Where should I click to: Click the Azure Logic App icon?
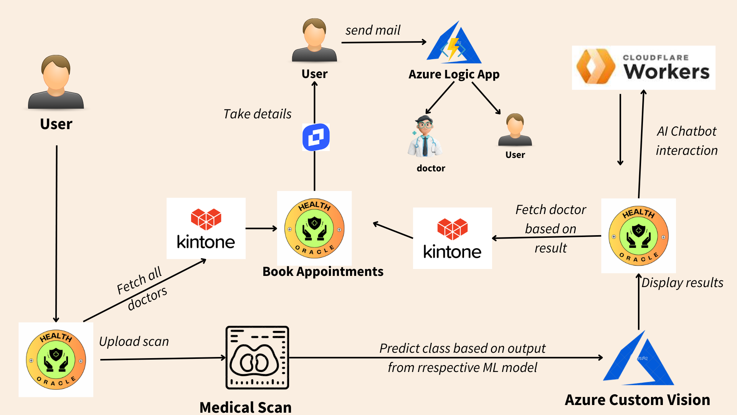(x=454, y=43)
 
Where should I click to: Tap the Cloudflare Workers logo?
(x=643, y=68)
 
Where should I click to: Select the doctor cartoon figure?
(x=425, y=136)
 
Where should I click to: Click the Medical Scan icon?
(x=257, y=357)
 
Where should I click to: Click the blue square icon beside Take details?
(x=316, y=137)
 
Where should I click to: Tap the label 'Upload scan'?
(x=134, y=341)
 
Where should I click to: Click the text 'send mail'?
(x=372, y=30)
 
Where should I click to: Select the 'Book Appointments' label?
(x=323, y=271)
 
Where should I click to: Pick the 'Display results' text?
(x=682, y=282)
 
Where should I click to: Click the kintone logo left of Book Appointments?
(x=206, y=228)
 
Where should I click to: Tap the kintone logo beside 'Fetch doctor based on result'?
(x=452, y=238)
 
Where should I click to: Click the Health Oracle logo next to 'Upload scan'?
(x=56, y=360)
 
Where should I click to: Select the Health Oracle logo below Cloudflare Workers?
(x=638, y=236)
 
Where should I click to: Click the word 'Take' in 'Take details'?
(x=237, y=114)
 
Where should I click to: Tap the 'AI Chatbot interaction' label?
(x=686, y=141)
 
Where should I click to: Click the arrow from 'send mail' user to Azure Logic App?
(x=384, y=42)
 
